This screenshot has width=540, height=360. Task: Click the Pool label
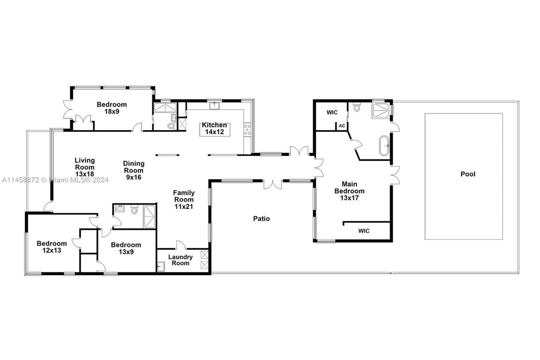coord(468,174)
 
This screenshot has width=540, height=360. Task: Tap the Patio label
coord(261,218)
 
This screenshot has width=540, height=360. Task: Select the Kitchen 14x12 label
coord(214,129)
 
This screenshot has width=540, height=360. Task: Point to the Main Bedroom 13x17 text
coord(349,191)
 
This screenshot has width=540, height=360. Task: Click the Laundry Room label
coord(180,260)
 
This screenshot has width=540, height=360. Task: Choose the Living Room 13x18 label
coord(84,167)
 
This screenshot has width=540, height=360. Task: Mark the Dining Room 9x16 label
coord(134,170)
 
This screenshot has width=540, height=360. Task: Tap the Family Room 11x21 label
coord(184,199)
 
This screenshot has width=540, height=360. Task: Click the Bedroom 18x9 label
coord(111,108)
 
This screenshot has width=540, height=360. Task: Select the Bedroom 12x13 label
coord(51,247)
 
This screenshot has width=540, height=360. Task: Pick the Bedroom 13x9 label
coord(125,248)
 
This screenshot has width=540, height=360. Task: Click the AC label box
coord(342,126)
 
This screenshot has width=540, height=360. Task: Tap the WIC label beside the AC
coord(332,112)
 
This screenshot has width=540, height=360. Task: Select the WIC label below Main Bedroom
coord(364,231)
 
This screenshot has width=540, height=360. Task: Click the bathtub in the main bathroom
coord(383,147)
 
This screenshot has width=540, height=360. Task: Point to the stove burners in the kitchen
coord(246,129)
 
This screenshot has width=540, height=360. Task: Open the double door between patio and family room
coord(273,184)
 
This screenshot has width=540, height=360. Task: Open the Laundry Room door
coord(181,245)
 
